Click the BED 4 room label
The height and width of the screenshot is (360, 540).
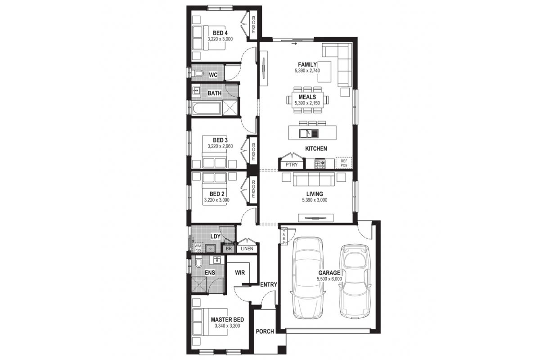coord(220,33)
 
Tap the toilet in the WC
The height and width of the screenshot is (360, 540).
coord(198,73)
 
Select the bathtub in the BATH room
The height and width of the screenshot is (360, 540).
coord(207,108)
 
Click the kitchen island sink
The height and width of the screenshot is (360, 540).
coord(309,133)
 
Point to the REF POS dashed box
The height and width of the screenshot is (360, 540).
coord(344,163)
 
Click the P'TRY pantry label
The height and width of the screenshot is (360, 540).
coord(292,165)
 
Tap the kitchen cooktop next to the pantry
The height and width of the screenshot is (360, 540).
coord(320,164)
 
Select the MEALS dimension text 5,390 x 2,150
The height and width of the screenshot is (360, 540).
coord(307,103)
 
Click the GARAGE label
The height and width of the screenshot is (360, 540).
coord(329,273)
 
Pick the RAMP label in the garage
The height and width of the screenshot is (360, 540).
coord(284,236)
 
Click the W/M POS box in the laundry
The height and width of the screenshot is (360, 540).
coord(198,247)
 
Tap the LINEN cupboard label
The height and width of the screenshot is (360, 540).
coord(247,248)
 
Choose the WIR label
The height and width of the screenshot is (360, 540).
coord(240,272)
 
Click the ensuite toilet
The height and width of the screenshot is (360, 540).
coord(198,263)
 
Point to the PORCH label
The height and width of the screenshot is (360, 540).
coord(265,332)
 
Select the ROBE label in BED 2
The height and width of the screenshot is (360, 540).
coord(253,189)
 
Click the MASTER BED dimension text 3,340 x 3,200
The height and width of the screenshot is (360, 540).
coord(227,326)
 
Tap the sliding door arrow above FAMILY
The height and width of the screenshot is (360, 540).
coord(294,44)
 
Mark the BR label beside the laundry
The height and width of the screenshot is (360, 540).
coord(229,248)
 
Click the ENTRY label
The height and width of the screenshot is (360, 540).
coord(269,285)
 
